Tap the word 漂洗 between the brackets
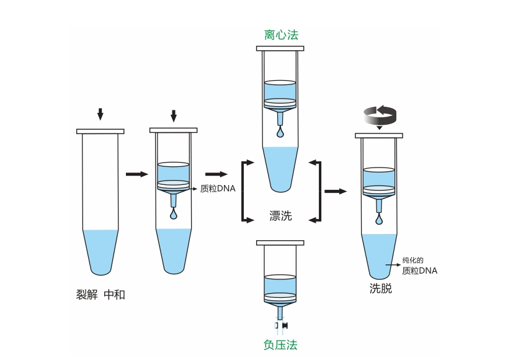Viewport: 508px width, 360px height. click(280, 216)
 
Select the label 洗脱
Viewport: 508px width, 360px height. click(381, 289)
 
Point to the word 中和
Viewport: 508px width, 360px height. click(114, 294)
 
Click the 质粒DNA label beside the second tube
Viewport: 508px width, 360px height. click(218, 189)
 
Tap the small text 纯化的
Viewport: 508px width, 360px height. click(412, 260)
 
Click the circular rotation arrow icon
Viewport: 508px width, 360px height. click(380, 115)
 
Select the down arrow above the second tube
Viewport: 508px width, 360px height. click(174, 116)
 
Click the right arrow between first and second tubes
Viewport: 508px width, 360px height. click(136, 174)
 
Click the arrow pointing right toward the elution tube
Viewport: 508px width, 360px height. click(336, 191)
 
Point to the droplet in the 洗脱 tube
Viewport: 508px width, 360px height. click(379, 220)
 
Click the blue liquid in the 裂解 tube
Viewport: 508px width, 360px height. click(100, 248)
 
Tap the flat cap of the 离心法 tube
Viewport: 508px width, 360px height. click(281, 48)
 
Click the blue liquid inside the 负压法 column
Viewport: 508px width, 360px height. click(281, 284)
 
